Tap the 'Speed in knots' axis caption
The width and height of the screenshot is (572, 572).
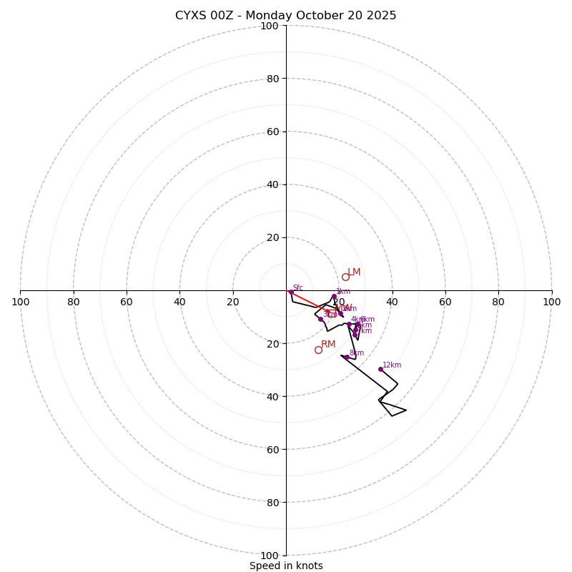tap(286, 566)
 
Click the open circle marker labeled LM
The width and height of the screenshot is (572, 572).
tap(345, 277)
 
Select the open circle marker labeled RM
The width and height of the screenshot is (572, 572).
tap(318, 350)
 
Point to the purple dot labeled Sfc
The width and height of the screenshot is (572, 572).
tap(291, 292)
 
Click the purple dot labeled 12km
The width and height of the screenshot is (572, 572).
tap(380, 369)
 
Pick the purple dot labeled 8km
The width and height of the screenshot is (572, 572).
tap(347, 357)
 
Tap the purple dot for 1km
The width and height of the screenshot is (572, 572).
tap(334, 296)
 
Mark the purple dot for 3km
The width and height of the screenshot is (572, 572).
tap(320, 319)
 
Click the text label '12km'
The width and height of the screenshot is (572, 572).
tap(392, 365)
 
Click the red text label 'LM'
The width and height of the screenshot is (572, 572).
tap(354, 272)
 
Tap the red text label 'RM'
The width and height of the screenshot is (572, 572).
tap(328, 344)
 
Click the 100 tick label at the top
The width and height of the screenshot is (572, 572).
tap(270, 26)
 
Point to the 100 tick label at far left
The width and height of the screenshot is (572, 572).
tap(20, 302)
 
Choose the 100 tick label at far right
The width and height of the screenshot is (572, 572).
tap(551, 302)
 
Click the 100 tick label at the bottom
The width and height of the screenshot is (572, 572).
tap(270, 555)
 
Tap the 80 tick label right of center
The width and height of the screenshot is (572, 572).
tap(498, 302)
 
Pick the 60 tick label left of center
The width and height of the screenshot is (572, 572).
tap(127, 302)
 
